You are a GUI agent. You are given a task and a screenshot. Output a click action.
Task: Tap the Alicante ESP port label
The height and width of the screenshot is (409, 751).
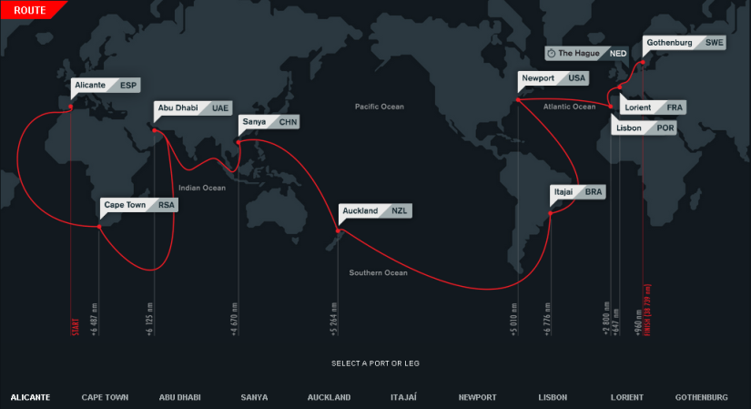point(106,86)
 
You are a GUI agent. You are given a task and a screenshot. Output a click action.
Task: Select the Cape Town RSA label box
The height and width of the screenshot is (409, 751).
point(139,205)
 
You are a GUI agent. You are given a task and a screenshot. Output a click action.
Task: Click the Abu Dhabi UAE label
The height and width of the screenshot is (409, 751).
point(193,107)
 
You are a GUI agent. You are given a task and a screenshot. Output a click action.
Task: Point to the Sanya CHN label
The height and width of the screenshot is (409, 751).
point(269,121)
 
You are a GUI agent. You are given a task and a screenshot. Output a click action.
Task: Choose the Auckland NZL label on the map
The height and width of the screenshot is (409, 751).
point(375,210)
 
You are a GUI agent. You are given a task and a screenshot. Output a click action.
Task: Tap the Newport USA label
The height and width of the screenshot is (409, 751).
point(553,78)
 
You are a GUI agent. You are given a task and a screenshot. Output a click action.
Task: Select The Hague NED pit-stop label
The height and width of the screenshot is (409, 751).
point(587,54)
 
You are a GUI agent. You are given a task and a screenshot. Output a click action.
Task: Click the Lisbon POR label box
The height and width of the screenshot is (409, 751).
point(644,128)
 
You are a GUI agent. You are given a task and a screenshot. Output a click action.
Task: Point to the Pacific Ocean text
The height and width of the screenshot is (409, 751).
point(380,107)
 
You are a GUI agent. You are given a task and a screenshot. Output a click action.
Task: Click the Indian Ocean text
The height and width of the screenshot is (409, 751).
point(201,188)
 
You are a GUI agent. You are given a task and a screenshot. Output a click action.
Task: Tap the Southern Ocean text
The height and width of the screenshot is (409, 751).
point(378,272)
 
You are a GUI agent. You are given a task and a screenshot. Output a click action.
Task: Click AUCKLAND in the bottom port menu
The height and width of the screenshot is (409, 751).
point(329,397)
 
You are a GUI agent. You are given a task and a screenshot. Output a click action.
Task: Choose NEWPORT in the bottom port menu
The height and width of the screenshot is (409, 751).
point(478,397)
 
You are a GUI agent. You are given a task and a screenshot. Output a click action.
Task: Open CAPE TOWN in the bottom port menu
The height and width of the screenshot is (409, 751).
point(105,397)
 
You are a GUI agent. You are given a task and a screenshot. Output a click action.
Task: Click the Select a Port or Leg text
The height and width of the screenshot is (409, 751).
point(376,363)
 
